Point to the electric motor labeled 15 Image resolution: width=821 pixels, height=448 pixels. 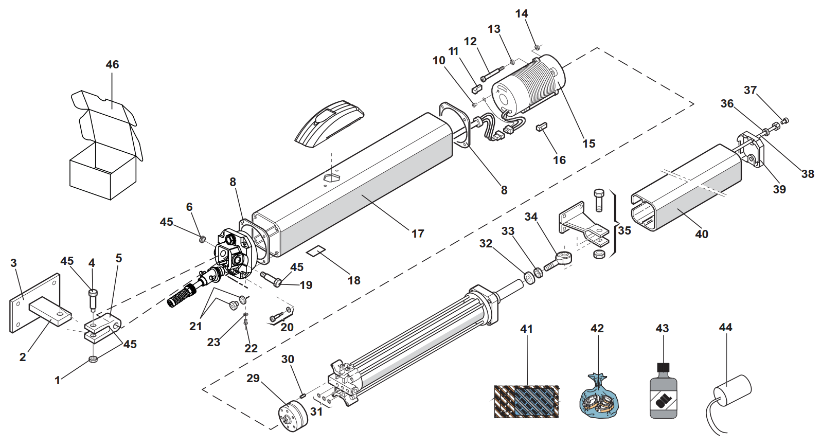tap(528, 86)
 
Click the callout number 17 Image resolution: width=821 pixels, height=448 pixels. tap(418, 234)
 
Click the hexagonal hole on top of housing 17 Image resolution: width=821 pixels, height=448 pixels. tap(332, 178)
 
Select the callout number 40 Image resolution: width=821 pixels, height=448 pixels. tap(702, 234)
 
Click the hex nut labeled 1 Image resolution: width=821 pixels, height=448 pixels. tap(93, 359)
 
